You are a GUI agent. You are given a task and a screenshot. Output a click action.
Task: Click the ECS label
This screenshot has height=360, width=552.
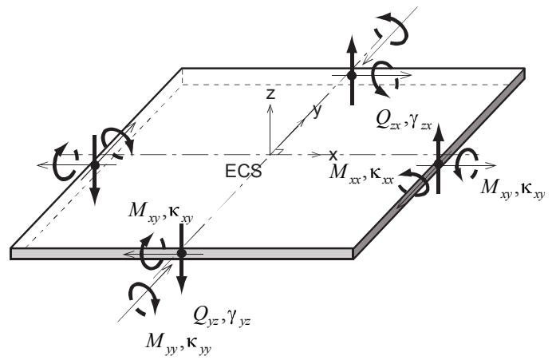(243, 171)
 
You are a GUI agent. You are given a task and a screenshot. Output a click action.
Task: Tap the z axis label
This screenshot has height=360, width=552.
(270, 94)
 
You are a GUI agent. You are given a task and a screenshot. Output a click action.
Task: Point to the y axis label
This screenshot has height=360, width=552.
(317, 111)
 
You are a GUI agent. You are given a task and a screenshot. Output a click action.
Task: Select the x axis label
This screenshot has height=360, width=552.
(333, 154)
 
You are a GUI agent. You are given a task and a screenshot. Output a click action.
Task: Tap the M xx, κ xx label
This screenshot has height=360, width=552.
(361, 172)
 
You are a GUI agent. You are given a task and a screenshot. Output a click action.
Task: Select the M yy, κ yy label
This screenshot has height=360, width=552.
(178, 342)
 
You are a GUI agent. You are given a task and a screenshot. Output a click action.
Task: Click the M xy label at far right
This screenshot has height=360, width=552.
(513, 189)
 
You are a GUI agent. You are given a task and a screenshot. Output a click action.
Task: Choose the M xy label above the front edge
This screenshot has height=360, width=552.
(160, 213)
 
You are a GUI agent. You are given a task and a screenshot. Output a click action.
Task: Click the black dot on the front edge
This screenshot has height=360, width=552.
(181, 253)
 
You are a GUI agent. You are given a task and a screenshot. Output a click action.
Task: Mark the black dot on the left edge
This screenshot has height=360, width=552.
(95, 165)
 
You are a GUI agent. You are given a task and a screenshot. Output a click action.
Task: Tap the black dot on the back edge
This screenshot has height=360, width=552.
(351, 75)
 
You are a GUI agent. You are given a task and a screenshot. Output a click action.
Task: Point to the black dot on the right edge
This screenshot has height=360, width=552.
(438, 164)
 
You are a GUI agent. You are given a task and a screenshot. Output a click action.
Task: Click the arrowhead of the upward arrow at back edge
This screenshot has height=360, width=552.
(352, 44)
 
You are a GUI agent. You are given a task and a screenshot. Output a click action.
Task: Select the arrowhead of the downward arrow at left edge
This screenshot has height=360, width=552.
(95, 196)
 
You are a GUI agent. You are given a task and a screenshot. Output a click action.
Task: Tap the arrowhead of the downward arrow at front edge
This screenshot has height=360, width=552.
(181, 284)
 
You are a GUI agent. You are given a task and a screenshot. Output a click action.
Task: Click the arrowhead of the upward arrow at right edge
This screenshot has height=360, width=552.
(438, 133)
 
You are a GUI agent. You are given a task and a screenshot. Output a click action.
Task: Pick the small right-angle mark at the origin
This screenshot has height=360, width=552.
(278, 152)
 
